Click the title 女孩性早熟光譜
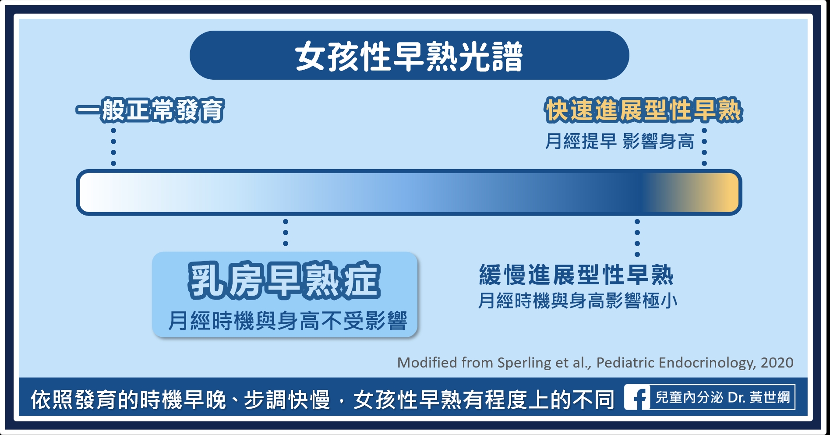[409, 56]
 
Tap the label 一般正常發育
[150, 110]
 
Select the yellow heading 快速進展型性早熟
[643, 110]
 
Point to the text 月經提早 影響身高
[619, 141]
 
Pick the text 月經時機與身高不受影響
[288, 321]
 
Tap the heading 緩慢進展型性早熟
[576, 275]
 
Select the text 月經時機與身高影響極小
[578, 301]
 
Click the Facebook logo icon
[637, 397]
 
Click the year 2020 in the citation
[777, 363]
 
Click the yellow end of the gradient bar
[725, 192]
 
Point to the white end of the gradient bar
[94, 192]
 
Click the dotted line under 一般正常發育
[113, 147]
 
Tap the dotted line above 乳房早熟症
[286, 233]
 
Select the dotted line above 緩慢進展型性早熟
[637, 238]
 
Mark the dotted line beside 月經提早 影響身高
[704, 147]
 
